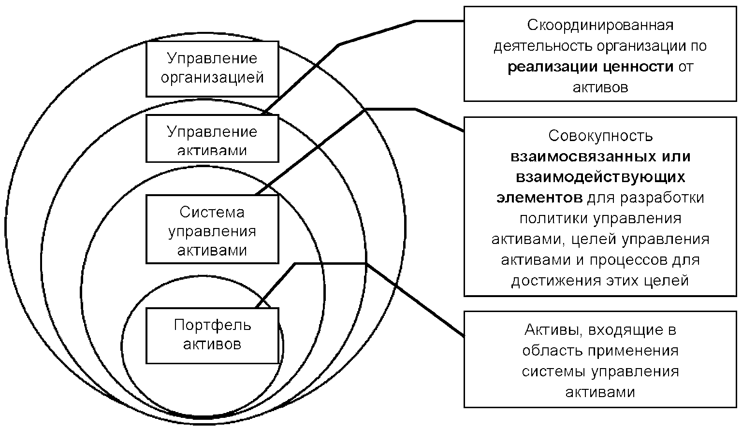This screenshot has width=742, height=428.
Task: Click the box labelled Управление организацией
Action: (212, 69)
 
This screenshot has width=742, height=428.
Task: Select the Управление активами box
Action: (212, 138)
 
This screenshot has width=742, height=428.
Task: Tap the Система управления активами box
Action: (212, 229)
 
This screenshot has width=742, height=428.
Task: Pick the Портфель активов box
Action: (212, 335)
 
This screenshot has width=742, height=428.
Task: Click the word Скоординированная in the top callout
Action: (600, 25)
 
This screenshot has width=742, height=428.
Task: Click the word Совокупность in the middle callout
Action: (600, 136)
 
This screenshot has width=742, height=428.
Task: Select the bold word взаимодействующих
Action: (600, 177)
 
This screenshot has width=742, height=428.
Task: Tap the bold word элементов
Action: (539, 198)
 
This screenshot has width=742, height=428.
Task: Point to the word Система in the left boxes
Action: (212, 212)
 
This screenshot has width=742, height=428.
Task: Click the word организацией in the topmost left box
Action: (212, 78)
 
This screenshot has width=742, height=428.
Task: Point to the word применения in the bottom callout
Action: (633, 350)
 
